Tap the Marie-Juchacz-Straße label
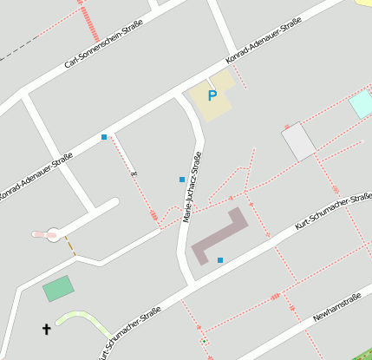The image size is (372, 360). tap(193, 187)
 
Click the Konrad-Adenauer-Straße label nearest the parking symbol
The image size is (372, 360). tap(263, 41)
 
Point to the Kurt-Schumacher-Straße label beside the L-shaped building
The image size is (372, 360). tap(333, 211)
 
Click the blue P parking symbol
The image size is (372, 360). tap(212, 96)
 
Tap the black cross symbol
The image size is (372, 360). tap(47, 329)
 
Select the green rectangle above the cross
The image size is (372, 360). tap(58, 288)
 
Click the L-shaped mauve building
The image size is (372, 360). tap(218, 237)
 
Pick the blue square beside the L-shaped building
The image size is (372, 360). tap(220, 260)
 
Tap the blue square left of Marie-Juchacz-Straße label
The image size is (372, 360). tap(181, 180)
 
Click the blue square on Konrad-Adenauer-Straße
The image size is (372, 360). tap(104, 137)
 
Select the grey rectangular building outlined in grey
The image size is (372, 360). tap(299, 141)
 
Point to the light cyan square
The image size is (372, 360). tap(361, 104)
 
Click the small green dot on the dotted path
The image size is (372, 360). tap(204, 342)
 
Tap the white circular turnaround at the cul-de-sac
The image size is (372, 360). tap(54, 233)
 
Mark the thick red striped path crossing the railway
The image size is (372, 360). tap(89, 23)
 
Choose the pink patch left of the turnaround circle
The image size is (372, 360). tap(39, 233)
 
